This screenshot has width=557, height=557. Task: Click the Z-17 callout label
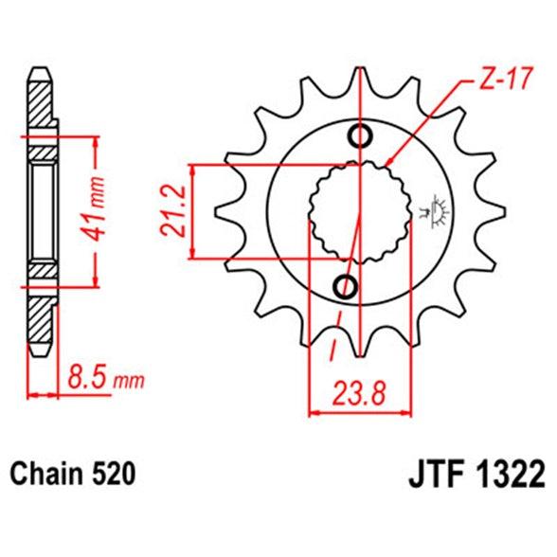[x=506, y=79]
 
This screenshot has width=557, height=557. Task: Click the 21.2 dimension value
[x=173, y=210]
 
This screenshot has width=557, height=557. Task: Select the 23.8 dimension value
[x=358, y=394]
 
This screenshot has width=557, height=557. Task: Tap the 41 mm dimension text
[x=93, y=208]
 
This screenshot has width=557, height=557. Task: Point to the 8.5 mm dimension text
[x=106, y=379]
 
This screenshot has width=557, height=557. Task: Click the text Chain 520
[x=73, y=474]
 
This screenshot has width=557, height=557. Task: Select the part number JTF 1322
[x=476, y=474]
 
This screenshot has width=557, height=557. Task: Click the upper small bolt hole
[x=361, y=136]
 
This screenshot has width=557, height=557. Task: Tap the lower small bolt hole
[x=345, y=286]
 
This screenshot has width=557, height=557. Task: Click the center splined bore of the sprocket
[x=360, y=212]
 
